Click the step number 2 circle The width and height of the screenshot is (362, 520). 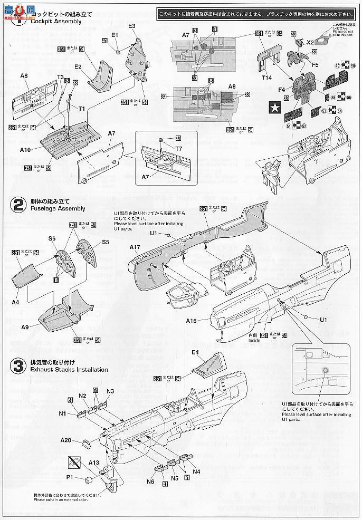coord(18,205)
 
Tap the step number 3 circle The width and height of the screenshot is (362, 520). coord(18,366)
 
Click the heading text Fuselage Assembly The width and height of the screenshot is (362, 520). coord(57,209)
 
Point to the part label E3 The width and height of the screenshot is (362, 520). coord(132,26)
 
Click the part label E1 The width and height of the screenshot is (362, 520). coord(115,35)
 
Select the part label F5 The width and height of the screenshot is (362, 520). coord(315,64)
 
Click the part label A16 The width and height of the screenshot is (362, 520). coord(192,320)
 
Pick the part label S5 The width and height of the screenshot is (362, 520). coord(105,242)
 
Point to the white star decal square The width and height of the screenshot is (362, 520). coord(275,108)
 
